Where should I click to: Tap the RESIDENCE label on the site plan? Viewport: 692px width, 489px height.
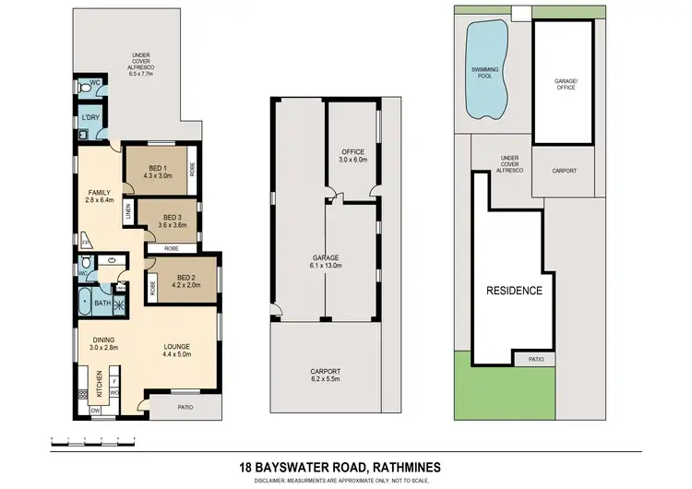click(x=514, y=290)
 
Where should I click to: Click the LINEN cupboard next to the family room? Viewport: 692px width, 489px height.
click(x=128, y=212)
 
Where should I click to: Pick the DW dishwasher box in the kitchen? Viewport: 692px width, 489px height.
click(x=96, y=411)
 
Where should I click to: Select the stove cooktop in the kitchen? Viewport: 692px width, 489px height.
click(x=83, y=395)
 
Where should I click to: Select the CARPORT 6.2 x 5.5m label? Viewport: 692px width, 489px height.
click(x=324, y=375)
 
